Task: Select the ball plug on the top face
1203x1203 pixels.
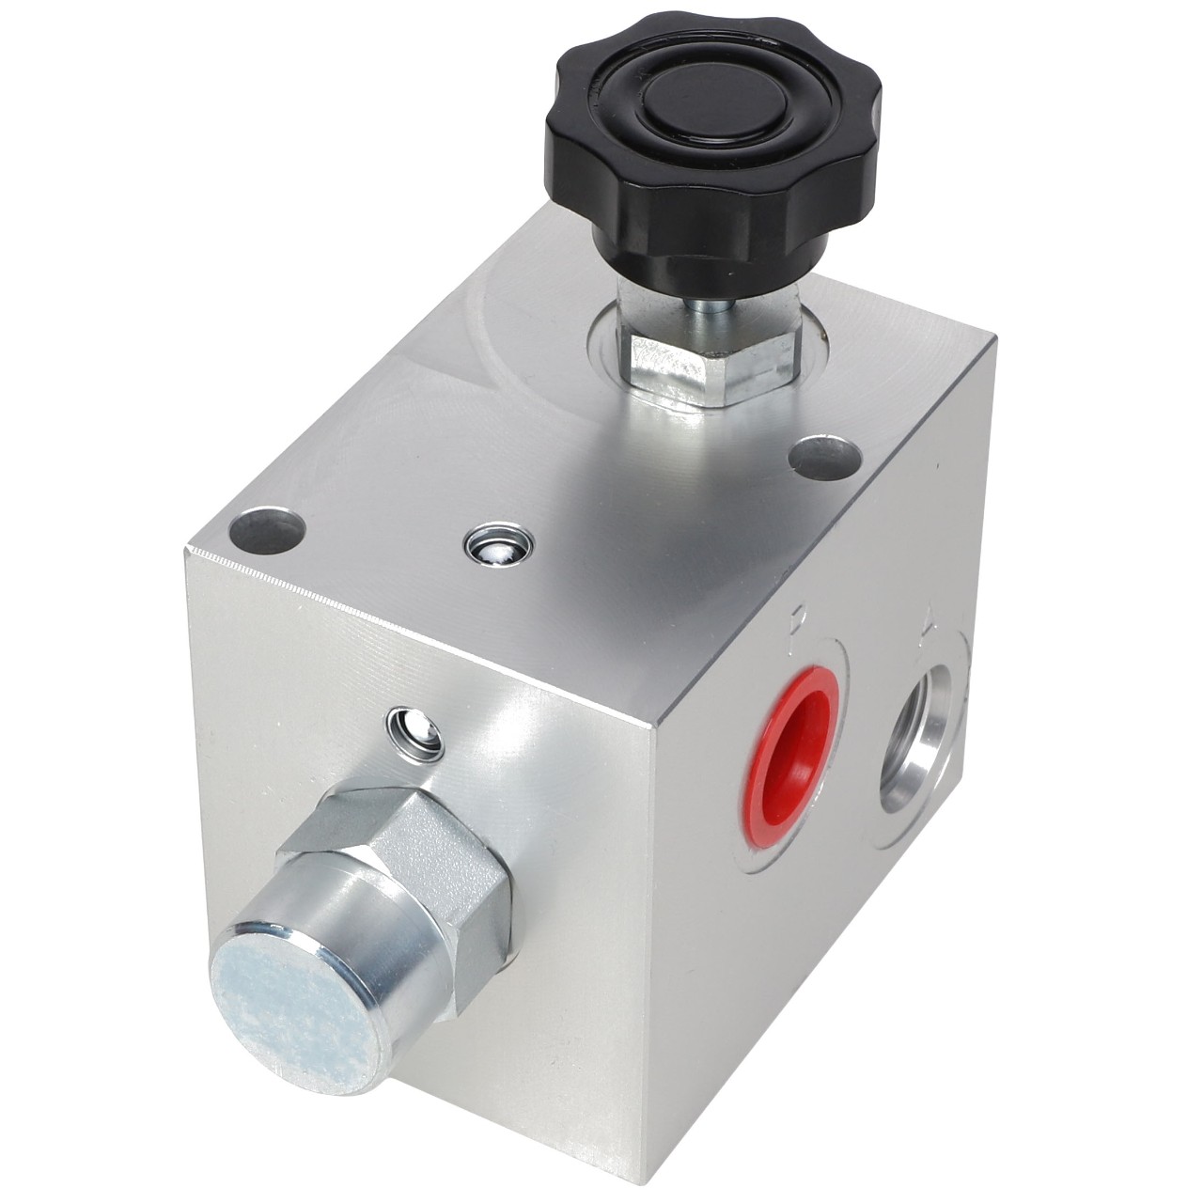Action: tap(499, 545)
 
